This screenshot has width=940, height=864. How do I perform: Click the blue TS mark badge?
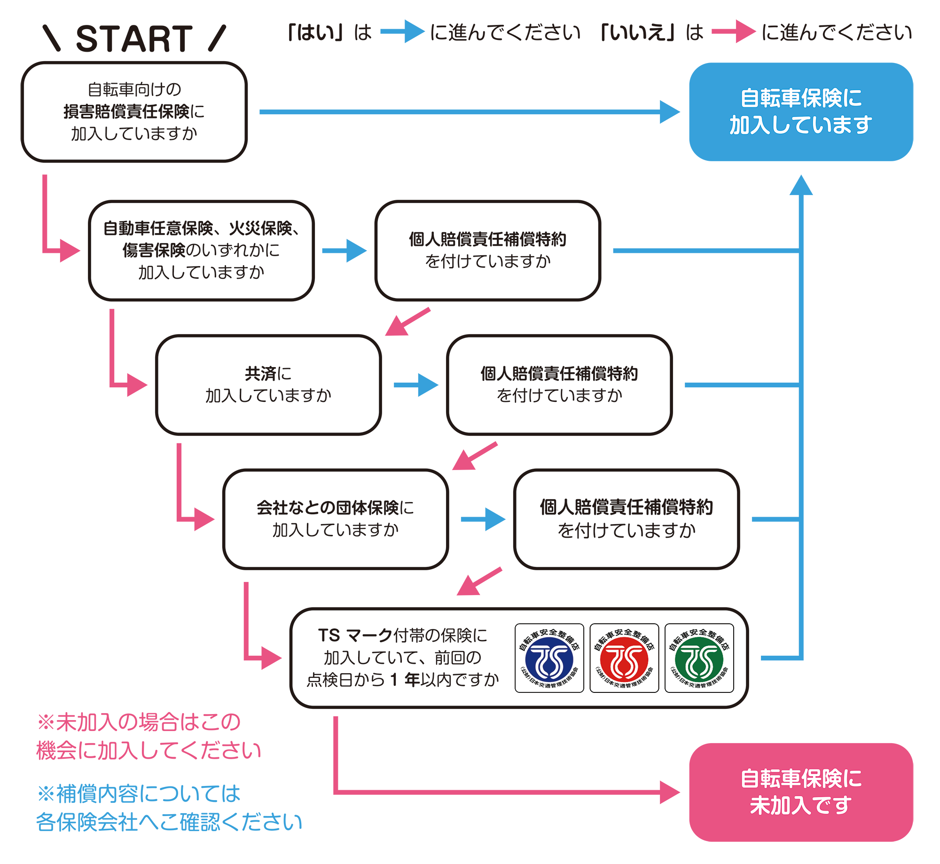coord(549,658)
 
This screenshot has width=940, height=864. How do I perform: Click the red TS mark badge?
coord(624,658)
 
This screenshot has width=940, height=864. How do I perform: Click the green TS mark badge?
coord(699,658)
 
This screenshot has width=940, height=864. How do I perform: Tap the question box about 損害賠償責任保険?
coord(134,112)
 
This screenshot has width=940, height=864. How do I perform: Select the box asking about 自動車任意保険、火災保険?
coord(201,251)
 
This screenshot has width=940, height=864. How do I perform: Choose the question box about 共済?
coord(268,385)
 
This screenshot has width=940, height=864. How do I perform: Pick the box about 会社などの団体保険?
coord(336,519)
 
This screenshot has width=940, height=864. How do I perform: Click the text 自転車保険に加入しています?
coord(800,111)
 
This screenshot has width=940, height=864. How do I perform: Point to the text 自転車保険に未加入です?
coord(800,792)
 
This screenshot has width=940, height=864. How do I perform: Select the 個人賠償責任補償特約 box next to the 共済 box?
coord(559,385)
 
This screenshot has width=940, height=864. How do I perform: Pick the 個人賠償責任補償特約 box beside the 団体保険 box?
coord(626,519)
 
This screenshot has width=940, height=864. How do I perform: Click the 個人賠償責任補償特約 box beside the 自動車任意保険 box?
coord(487,251)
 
